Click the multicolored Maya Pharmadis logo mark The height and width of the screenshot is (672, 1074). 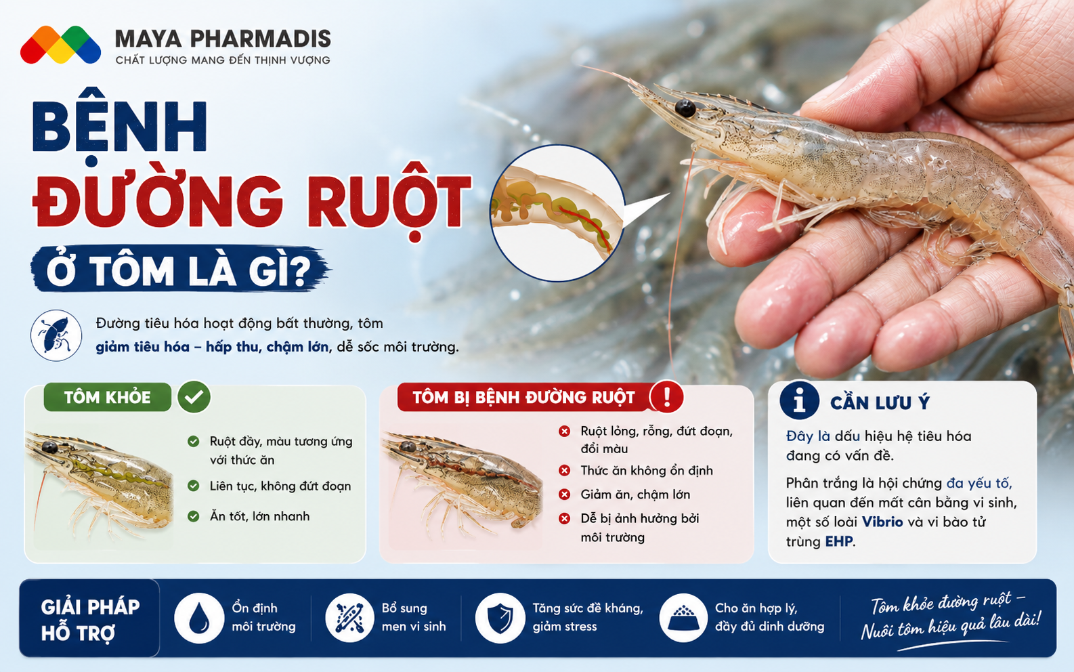[x=60, y=45]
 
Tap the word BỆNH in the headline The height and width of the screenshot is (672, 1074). [x=120, y=127]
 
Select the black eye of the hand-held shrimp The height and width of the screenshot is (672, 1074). [x=685, y=108]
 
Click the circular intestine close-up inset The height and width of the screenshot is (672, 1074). [x=557, y=213]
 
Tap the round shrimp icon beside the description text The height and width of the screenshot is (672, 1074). [x=56, y=335]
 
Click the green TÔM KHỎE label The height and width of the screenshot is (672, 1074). [x=108, y=397]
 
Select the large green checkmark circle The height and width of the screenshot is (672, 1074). [x=194, y=397]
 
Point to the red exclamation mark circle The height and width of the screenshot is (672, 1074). [x=666, y=397]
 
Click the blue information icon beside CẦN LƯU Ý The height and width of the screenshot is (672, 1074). [x=799, y=400]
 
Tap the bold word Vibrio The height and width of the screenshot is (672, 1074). [x=882, y=522]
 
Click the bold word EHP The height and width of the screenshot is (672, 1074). [x=839, y=541]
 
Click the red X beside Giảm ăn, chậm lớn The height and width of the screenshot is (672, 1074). [x=564, y=494]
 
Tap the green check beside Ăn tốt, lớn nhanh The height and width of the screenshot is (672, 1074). [x=193, y=516]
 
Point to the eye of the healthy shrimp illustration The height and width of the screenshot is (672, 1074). [x=49, y=448]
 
